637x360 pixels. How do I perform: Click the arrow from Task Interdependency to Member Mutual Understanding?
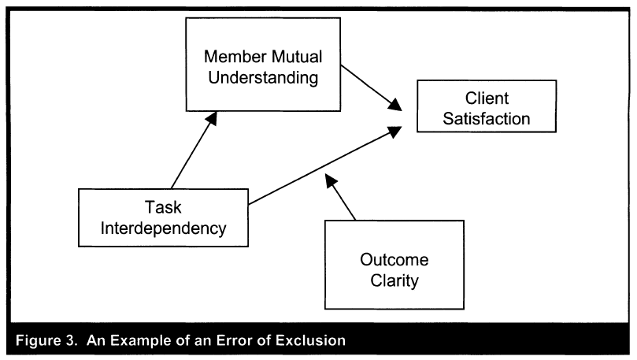[x=194, y=150]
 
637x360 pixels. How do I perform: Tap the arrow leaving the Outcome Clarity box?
[x=342, y=199]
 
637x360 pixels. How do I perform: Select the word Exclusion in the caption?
[x=311, y=342]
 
